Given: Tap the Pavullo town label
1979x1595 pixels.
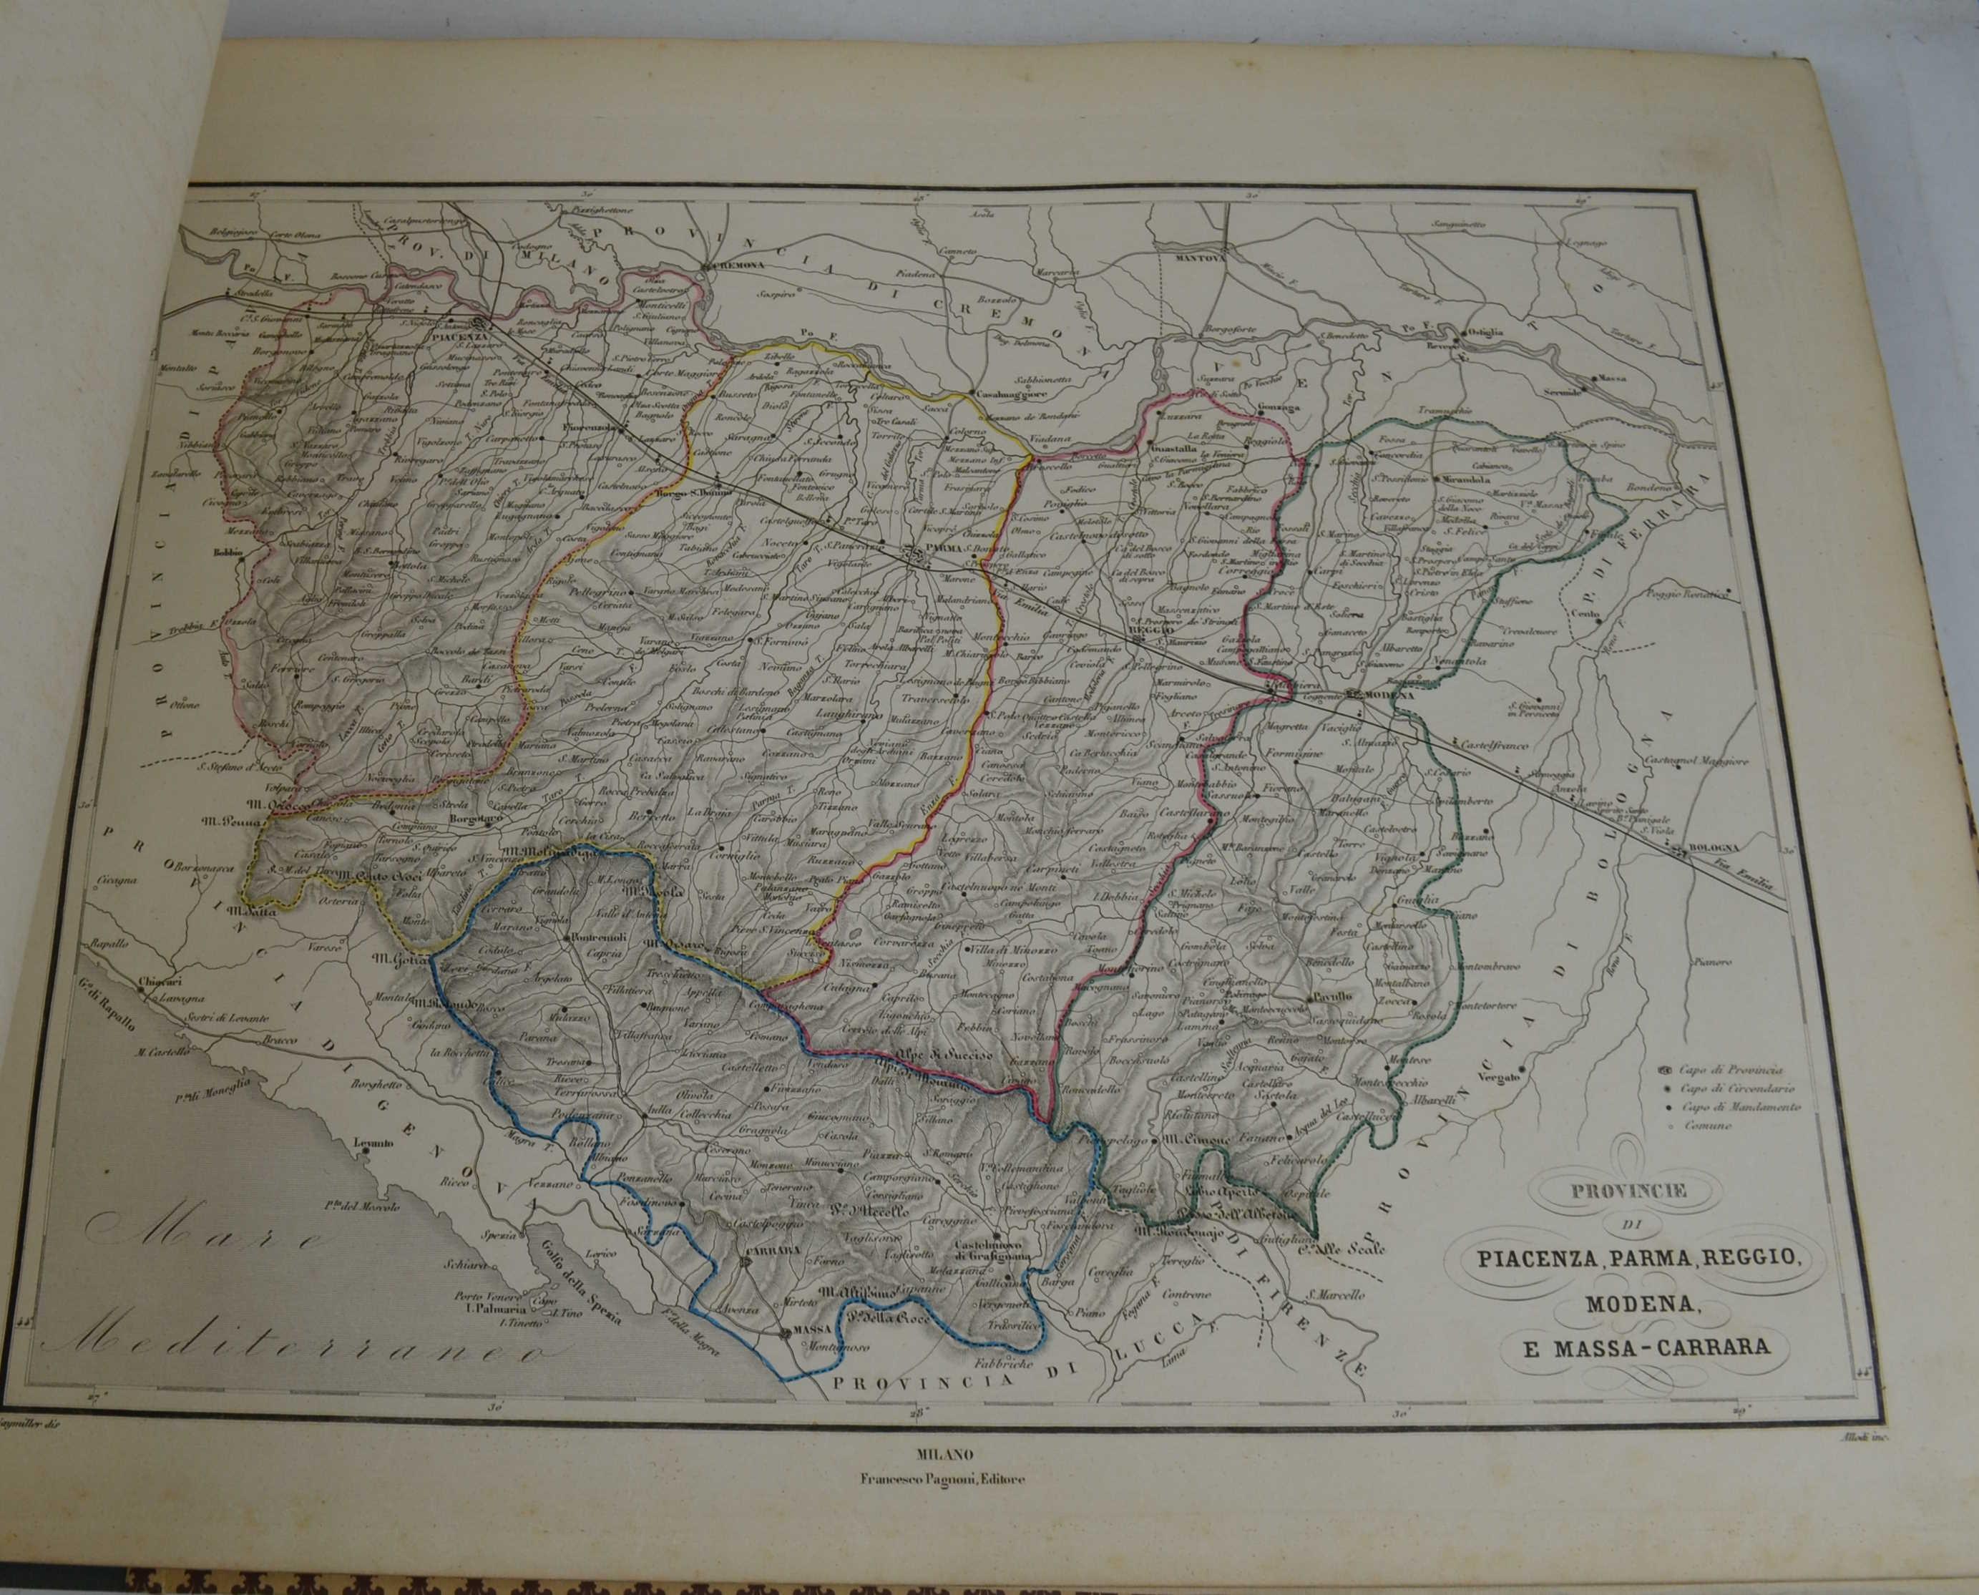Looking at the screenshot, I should [x=1330, y=996].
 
